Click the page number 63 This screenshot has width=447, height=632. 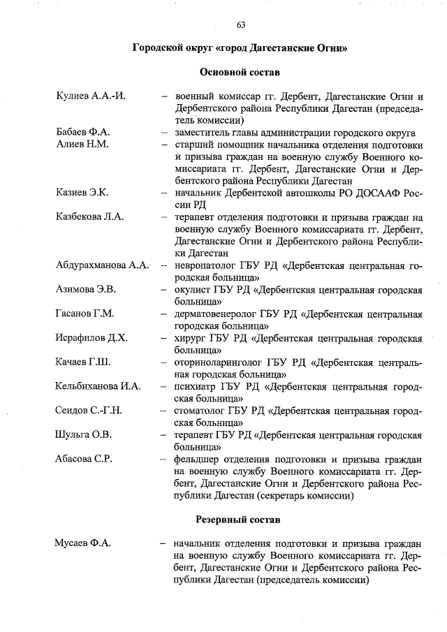[240, 25]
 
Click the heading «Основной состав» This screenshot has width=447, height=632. [240, 71]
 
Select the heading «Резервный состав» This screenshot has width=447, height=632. [240, 520]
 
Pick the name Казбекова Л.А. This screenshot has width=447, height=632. [89, 216]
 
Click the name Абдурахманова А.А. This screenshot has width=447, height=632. [102, 265]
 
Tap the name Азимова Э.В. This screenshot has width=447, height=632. [86, 289]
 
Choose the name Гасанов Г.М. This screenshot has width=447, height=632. [85, 314]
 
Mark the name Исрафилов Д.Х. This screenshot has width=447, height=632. [91, 338]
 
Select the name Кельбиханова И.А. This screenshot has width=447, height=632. [98, 386]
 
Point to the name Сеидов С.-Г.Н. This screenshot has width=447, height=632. [89, 410]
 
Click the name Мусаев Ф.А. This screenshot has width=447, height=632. [83, 543]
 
